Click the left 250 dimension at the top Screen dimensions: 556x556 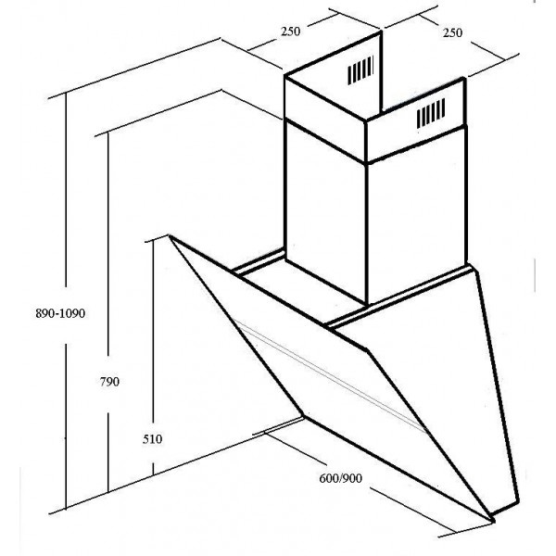(x=290, y=32)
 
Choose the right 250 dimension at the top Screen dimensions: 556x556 (x=452, y=32)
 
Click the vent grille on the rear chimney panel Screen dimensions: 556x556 (x=362, y=69)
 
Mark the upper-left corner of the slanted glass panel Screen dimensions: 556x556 (x=170, y=235)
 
